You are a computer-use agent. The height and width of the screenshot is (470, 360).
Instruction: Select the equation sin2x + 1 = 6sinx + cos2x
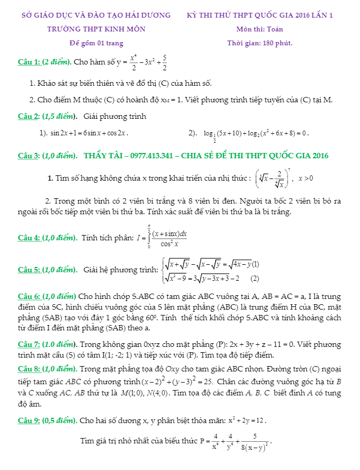click(89, 133)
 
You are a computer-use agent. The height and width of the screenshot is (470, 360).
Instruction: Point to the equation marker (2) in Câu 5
click(255, 278)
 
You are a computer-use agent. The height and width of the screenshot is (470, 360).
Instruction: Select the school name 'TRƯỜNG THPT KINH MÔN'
click(96, 29)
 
